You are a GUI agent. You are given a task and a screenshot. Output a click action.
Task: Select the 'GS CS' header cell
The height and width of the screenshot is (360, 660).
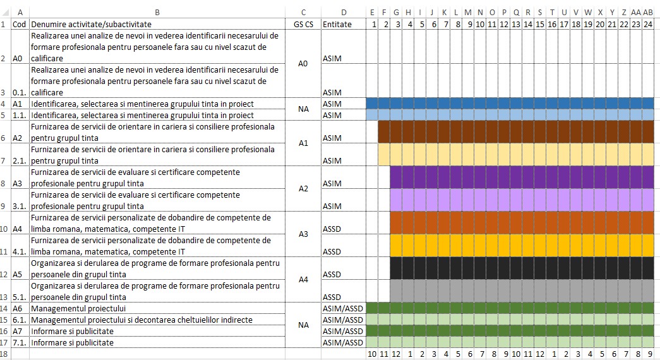pos(304,24)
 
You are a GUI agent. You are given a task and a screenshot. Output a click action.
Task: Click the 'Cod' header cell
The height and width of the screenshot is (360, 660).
pos(19,24)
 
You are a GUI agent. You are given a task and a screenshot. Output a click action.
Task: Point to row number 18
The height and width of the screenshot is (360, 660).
pos(6,354)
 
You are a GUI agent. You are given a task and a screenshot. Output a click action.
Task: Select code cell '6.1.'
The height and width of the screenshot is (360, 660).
pos(20,320)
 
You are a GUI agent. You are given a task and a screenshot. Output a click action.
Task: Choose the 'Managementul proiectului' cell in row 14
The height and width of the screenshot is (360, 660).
pos(78,309)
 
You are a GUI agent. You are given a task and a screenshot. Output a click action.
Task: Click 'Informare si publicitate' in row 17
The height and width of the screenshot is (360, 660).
pos(72,343)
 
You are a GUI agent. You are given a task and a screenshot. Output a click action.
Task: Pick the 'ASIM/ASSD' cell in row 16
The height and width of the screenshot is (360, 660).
pos(343,332)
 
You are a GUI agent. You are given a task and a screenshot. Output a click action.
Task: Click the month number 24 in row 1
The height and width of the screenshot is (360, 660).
pos(648,24)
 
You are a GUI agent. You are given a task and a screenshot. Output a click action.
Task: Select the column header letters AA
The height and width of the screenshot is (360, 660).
pos(636,12)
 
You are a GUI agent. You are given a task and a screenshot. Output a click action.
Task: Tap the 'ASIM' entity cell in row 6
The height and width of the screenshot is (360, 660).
pos(332,138)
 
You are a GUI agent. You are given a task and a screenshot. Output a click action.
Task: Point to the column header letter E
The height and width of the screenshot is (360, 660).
pos(373,12)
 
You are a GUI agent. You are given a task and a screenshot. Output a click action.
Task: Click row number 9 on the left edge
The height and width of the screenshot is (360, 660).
pos(6,207)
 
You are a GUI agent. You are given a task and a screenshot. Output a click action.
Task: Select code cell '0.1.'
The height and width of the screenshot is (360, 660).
pos(20,93)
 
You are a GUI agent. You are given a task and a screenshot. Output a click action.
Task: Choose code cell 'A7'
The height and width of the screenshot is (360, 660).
pos(18,332)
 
